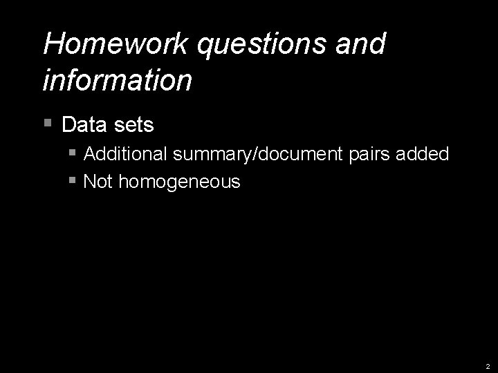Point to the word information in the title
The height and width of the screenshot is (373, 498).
(x=117, y=79)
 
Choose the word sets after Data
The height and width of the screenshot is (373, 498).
(x=132, y=125)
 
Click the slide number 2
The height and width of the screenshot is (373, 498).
(x=488, y=366)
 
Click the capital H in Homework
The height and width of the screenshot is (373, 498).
(x=53, y=44)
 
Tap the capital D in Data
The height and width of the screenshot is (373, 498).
(x=68, y=125)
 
